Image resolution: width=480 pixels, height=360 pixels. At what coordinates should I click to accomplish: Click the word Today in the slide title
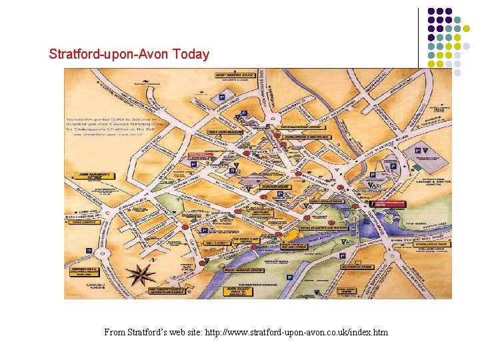tap(191, 55)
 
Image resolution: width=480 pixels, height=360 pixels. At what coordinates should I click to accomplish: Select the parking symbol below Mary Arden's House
tap(222, 98)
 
